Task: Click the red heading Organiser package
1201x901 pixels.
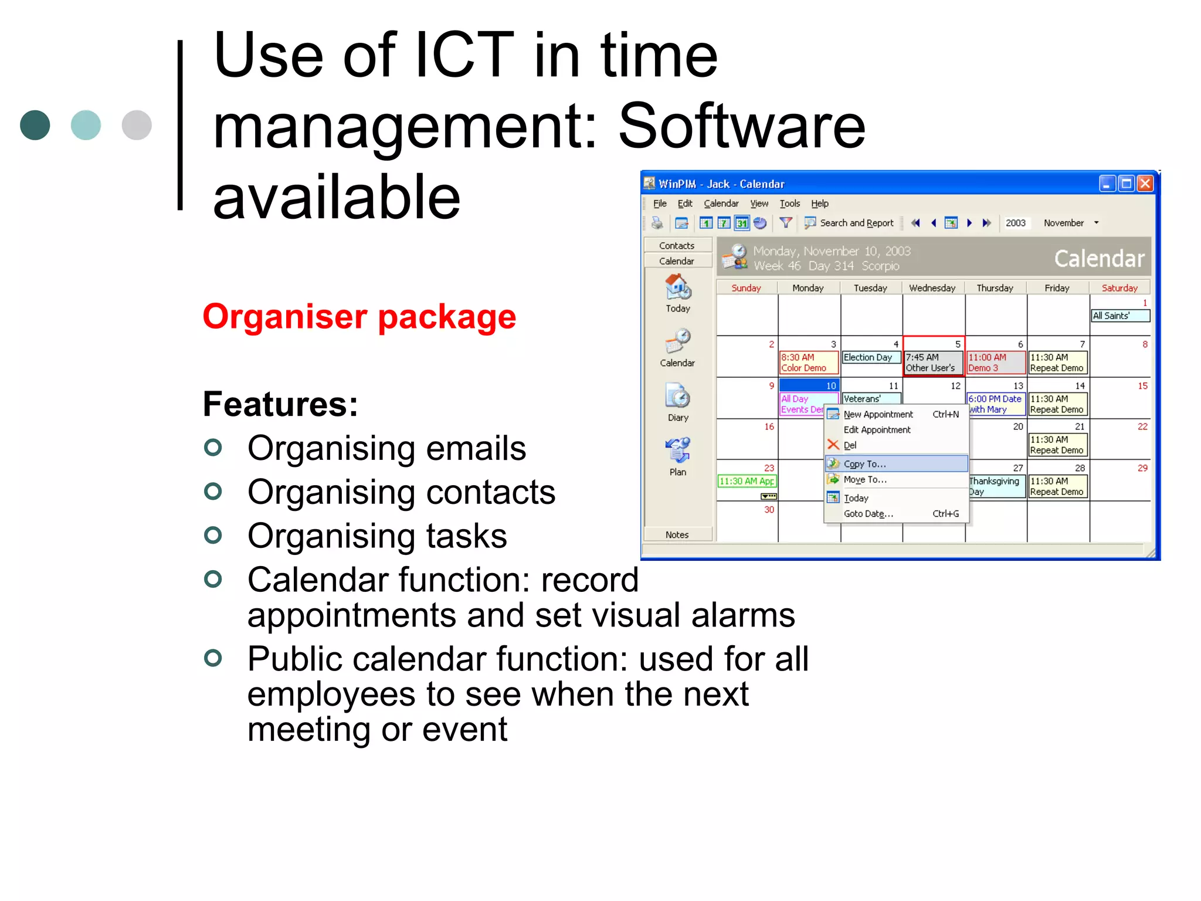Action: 359,317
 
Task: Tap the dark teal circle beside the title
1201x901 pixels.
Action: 35,125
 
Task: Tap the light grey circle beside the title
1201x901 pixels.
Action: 137,125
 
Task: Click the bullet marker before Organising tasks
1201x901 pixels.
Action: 213,535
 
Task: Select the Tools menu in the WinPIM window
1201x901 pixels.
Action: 789,204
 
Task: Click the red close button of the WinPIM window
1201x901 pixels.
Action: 1145,184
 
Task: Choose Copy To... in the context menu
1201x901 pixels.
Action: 864,464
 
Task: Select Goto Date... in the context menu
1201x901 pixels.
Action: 868,514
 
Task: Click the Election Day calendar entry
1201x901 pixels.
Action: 870,357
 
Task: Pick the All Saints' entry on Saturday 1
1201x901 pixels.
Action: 1119,316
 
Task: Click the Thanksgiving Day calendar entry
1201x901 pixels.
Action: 995,486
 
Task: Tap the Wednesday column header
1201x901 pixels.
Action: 932,288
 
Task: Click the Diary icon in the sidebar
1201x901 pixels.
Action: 677,399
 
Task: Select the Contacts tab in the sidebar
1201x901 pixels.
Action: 677,245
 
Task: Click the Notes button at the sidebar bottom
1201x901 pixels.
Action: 677,534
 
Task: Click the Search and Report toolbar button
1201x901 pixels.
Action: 850,223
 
